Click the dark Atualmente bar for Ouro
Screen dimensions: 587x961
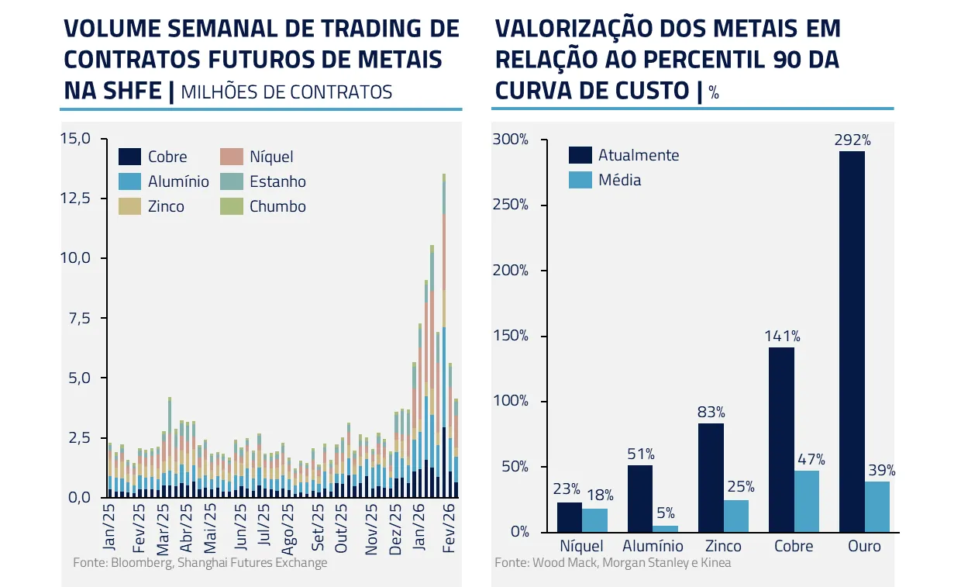[852, 341]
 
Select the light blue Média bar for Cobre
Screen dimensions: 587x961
[807, 501]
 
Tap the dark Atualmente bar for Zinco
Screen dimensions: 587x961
[711, 478]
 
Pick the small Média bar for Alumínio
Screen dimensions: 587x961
[665, 529]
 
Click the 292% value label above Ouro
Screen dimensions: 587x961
[852, 140]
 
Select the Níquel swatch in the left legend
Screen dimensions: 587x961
[231, 157]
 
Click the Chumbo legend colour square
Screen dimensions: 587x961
[231, 206]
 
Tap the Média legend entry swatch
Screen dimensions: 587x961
[580, 180]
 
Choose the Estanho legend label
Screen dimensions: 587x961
[277, 182]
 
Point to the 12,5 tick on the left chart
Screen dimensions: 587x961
[75, 199]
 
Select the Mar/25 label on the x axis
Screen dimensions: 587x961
[163, 530]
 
